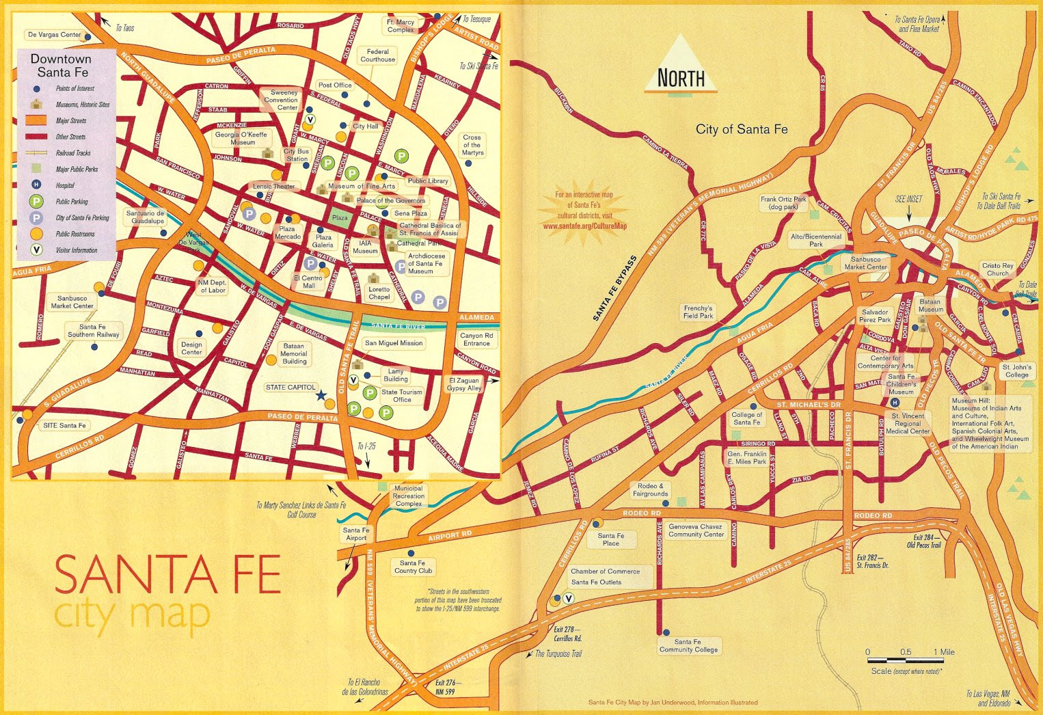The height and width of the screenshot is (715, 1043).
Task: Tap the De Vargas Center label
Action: coord(54,35)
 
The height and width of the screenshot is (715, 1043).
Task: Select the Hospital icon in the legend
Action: coord(37,185)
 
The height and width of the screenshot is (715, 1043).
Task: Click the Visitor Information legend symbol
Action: coord(37,250)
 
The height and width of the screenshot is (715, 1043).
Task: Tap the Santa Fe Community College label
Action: coord(688,646)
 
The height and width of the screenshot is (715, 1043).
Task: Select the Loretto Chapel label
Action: coord(379,293)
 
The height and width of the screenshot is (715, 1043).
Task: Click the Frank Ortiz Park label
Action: coord(783,203)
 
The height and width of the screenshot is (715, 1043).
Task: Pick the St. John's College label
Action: coord(1016,371)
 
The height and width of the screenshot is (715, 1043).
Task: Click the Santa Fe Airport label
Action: coord(355,534)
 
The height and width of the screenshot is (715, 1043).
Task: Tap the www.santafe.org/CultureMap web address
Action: coord(584,226)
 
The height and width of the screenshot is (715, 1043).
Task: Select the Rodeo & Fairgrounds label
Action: coord(650,489)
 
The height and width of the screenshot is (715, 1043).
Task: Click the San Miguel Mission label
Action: coord(394,343)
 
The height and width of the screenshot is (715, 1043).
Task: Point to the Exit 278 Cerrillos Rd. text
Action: coord(567,634)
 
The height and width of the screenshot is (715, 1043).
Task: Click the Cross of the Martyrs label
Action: coord(472,145)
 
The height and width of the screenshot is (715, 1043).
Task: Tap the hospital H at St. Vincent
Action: coord(895,403)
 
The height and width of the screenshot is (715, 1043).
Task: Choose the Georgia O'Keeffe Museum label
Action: coord(242,139)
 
